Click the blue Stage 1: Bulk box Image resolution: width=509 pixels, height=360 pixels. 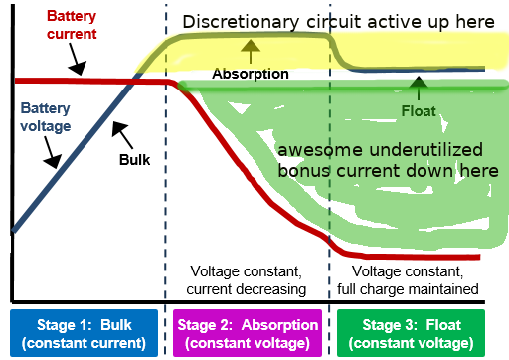84,333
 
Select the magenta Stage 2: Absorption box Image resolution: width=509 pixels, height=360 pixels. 248,333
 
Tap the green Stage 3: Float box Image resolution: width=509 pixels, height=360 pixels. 411,333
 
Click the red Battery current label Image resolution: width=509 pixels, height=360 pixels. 72,25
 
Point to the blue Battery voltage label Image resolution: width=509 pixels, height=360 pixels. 46,117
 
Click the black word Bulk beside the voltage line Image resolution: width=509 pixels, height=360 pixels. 134,160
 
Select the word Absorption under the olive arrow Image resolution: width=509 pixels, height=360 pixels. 251,74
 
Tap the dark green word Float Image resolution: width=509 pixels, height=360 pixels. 419,111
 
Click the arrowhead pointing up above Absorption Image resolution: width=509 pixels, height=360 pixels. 251,46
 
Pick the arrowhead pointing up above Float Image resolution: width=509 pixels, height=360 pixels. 419,83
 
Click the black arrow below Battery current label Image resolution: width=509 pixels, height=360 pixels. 77,59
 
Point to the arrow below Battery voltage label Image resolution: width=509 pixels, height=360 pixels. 52,152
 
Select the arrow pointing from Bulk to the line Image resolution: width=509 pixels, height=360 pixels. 122,134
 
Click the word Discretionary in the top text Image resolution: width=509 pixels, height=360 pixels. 241,22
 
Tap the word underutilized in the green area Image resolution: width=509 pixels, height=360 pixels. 425,150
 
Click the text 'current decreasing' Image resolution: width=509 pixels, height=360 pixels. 247,289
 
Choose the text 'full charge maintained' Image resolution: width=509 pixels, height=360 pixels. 408,289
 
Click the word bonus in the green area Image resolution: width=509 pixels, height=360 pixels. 304,171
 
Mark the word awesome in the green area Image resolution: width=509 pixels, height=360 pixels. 320,150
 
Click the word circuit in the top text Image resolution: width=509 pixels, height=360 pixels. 334,22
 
